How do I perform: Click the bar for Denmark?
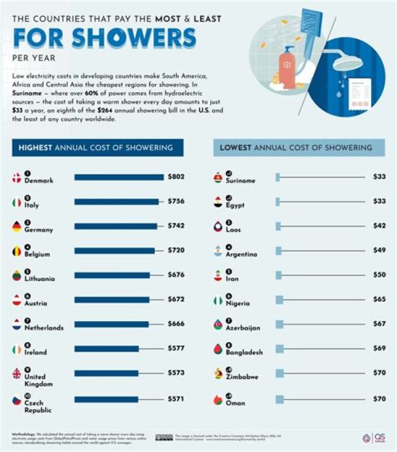[119, 177]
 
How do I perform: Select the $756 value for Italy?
[176, 201]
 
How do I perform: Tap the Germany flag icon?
[17, 227]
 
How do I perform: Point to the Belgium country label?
[37, 254]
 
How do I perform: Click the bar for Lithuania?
[112, 275]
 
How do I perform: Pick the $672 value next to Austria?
[176, 299]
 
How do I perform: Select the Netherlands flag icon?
[17, 325]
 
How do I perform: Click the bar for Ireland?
[106, 349]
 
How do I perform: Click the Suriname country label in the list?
[240, 180]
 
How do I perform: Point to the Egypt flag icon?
[218, 203]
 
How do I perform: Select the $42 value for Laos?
[379, 226]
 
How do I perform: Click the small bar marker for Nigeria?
[279, 300]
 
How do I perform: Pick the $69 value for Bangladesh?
[379, 349]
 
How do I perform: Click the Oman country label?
[235, 403]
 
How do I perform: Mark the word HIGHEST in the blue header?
[36, 147]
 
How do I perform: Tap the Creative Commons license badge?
[164, 438]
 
